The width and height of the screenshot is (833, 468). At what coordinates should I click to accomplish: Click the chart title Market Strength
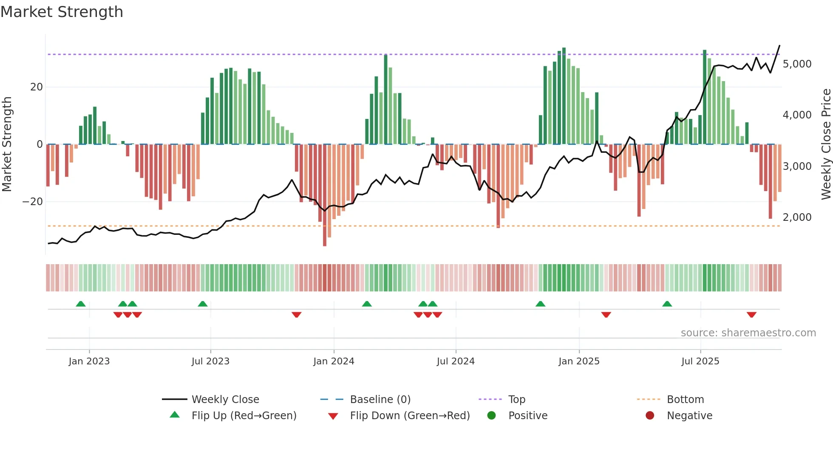(x=62, y=12)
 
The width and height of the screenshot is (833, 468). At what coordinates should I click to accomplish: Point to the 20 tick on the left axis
(x=37, y=87)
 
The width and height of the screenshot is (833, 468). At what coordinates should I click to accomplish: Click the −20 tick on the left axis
(x=33, y=202)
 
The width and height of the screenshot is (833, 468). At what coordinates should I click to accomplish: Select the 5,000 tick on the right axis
(x=797, y=64)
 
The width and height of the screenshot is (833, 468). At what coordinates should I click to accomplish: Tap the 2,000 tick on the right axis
(x=797, y=217)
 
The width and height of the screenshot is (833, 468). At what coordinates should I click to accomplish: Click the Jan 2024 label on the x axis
(x=334, y=361)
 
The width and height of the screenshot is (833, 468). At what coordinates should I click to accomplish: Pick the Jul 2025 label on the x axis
(x=700, y=361)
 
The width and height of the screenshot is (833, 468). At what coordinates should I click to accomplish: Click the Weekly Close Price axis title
(x=826, y=144)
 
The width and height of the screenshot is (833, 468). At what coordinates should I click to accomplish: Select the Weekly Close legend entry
(x=225, y=400)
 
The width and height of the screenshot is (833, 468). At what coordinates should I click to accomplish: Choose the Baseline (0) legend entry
(x=380, y=400)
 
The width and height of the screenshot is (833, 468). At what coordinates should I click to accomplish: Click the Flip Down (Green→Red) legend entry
(x=410, y=416)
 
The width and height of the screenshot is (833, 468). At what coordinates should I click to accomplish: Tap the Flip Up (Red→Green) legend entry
(x=244, y=416)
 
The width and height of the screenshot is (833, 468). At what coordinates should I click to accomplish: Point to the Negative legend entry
(x=689, y=416)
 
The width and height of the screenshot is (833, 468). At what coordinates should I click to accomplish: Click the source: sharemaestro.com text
(x=748, y=333)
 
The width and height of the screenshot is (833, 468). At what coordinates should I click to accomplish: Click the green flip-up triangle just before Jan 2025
(x=540, y=304)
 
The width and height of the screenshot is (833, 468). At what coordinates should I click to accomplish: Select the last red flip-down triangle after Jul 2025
(x=751, y=315)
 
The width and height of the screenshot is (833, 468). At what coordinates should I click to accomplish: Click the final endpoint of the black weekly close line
(x=779, y=45)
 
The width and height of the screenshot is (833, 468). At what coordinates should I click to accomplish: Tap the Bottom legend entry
(x=685, y=400)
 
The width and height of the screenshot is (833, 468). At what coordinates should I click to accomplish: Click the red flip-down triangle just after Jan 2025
(x=606, y=315)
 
